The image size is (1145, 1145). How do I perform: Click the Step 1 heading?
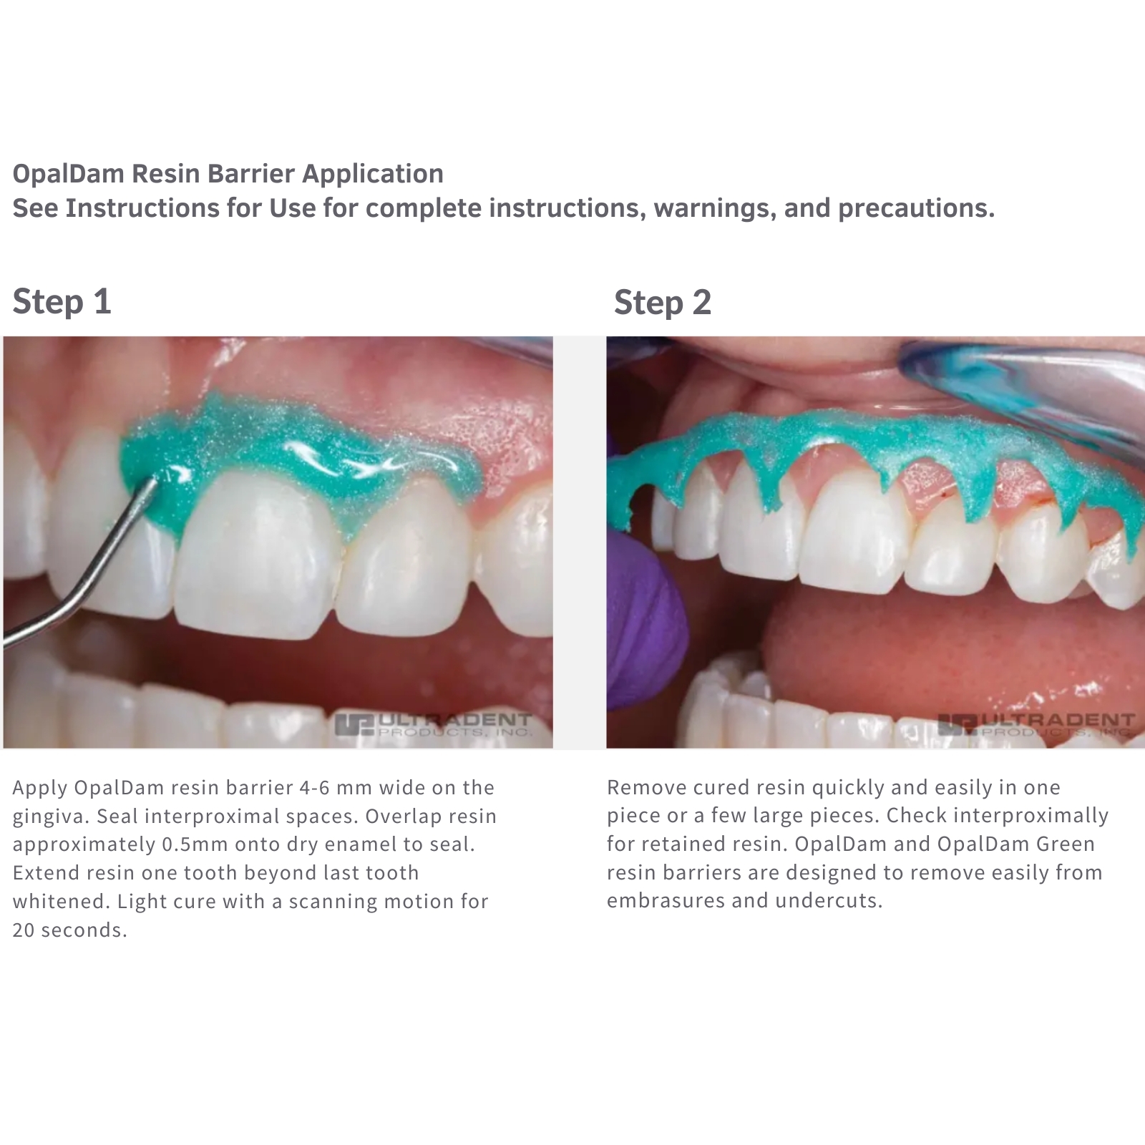coord(62,301)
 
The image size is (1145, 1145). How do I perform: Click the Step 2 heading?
coord(663,302)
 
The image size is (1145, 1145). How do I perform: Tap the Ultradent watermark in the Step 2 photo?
coord(1036,725)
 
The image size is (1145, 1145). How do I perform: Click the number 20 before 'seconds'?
coord(23,930)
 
